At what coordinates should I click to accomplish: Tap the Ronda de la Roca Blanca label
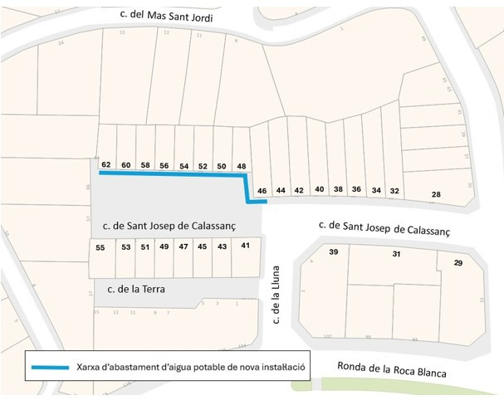392,370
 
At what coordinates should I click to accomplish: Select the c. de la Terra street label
136,290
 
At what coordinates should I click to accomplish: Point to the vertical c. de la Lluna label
276,294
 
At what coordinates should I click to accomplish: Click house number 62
106,164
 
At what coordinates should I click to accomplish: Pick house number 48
242,167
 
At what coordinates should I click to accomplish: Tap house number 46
262,191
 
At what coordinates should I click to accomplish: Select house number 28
436,194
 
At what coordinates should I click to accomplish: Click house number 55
100,247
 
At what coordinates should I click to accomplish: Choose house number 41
245,246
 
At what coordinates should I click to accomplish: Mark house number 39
334,251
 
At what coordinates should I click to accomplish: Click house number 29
458,262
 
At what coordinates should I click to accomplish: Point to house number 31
397,254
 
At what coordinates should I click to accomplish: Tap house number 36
356,189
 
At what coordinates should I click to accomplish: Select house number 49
164,246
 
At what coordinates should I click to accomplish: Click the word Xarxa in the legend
88,367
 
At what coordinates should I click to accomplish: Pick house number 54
183,166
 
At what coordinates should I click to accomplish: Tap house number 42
299,190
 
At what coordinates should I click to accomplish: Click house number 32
394,191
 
